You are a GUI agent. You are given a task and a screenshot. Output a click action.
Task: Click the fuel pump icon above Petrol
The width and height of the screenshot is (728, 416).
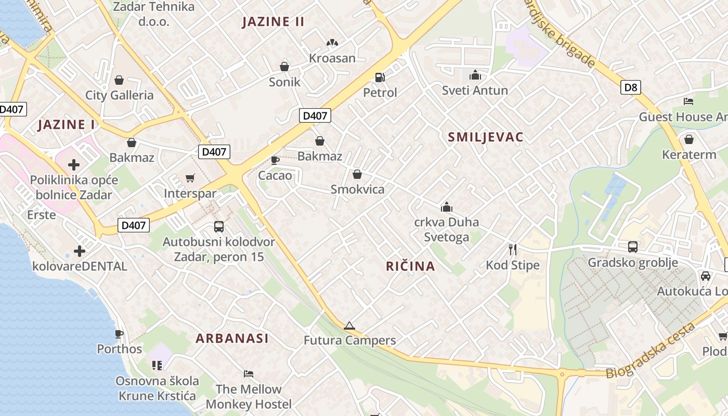(380, 77)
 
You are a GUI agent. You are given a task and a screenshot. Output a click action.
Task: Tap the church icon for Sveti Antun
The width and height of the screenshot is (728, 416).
(475, 75)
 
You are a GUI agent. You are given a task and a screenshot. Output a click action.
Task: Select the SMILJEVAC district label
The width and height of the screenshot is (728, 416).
(486, 137)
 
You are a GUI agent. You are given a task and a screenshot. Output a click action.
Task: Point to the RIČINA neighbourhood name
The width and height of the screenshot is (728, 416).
(410, 266)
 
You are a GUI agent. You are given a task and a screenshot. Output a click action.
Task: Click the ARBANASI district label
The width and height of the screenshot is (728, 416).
(232, 339)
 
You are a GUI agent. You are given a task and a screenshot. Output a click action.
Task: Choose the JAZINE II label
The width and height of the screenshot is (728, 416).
(274, 22)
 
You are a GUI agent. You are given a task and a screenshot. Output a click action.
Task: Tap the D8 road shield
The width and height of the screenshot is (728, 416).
(630, 87)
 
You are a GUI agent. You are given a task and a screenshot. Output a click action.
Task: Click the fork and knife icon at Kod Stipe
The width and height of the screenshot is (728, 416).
(513, 250)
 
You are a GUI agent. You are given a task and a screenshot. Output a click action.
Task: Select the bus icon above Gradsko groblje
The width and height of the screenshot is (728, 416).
(633, 247)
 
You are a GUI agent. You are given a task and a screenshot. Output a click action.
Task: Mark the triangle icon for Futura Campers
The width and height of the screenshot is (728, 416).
(349, 326)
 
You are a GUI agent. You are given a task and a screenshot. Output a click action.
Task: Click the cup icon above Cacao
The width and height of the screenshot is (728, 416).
(275, 160)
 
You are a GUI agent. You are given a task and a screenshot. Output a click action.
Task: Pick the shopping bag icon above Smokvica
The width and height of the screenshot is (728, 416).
(357, 174)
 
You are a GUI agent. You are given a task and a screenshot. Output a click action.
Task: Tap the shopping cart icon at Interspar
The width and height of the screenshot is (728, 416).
(190, 178)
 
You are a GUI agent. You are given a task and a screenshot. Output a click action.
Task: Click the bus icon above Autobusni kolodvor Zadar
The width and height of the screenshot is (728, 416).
(219, 227)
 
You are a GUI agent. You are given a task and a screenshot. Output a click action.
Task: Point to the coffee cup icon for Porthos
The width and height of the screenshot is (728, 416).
(119, 334)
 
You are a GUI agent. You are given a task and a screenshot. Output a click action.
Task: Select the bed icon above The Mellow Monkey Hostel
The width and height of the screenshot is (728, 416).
(249, 374)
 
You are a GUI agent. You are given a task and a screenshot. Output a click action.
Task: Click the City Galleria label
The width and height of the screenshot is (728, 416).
(120, 95)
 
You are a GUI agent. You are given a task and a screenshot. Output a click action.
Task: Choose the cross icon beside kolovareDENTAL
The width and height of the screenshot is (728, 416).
(80, 252)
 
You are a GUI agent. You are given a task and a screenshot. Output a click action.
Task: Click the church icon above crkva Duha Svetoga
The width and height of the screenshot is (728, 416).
(446, 207)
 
